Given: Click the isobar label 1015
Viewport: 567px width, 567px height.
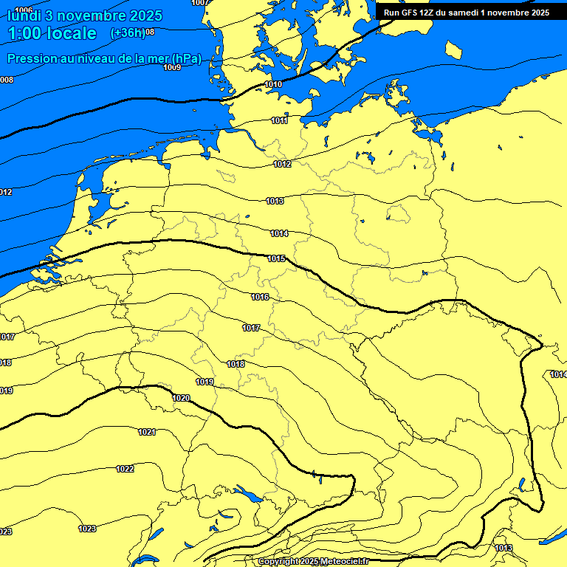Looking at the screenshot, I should (x=277, y=258).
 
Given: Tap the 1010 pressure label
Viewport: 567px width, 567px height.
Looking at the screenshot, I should (x=273, y=85).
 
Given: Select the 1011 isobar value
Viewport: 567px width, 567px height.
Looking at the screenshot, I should (x=279, y=120).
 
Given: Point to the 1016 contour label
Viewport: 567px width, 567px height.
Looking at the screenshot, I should (x=260, y=297).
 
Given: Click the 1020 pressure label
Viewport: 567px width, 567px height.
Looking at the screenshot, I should (x=181, y=398).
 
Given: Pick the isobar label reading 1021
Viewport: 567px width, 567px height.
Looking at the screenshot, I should (x=147, y=432).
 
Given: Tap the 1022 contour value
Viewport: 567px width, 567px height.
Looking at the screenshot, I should (x=126, y=469).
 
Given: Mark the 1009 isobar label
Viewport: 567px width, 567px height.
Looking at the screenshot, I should (x=172, y=67).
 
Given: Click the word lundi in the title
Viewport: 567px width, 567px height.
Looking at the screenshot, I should (x=24, y=16).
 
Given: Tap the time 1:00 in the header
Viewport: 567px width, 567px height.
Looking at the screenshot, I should (x=24, y=33).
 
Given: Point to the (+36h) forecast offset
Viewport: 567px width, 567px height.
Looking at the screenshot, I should (x=127, y=33).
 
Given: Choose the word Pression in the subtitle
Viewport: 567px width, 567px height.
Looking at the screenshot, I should (x=34, y=58).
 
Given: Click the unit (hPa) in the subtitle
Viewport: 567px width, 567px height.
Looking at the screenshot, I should (x=185, y=58).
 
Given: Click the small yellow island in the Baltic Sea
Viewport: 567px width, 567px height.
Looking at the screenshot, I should (x=454, y=50).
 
